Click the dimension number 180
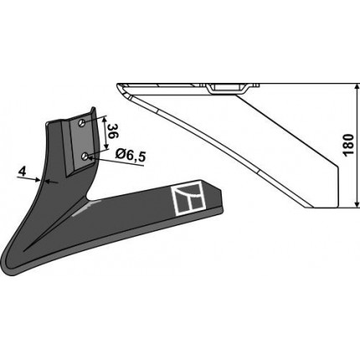[x=349, y=145]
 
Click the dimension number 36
[x=113, y=131]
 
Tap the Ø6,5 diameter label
[x=131, y=155]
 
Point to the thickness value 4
[x=22, y=171]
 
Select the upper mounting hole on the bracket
[x=81, y=123]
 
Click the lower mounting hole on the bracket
[x=85, y=157]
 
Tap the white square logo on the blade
[x=188, y=198]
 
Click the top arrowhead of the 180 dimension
[x=356, y=87]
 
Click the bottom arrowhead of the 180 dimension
[x=356, y=204]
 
